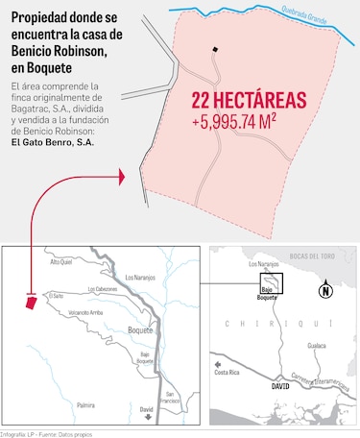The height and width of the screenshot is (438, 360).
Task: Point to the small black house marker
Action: click(x=216, y=50)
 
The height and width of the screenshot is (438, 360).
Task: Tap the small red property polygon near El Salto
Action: click(x=32, y=302)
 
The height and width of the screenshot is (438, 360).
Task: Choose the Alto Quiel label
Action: click(x=60, y=260)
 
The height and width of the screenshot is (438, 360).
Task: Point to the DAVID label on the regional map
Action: click(x=280, y=384)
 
